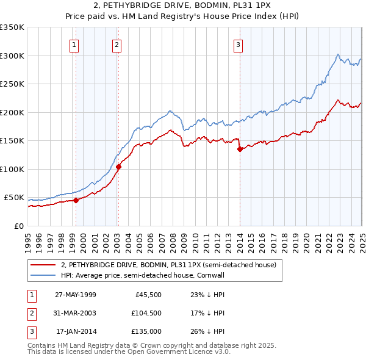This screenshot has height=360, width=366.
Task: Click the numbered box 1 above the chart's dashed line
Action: click(x=74, y=44)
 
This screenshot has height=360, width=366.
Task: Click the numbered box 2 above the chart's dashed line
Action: click(x=116, y=44)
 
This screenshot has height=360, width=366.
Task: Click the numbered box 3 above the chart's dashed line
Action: click(x=238, y=44)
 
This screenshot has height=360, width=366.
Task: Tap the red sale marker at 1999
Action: click(x=76, y=200)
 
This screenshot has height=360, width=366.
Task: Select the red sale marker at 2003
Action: click(x=118, y=167)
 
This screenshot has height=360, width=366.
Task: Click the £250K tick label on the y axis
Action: click(x=12, y=84)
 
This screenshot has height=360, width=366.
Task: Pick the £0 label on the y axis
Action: click(x=19, y=226)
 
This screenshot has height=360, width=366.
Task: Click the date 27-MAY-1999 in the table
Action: click(x=76, y=294)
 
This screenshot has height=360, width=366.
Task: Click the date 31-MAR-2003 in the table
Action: click(x=76, y=313)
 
